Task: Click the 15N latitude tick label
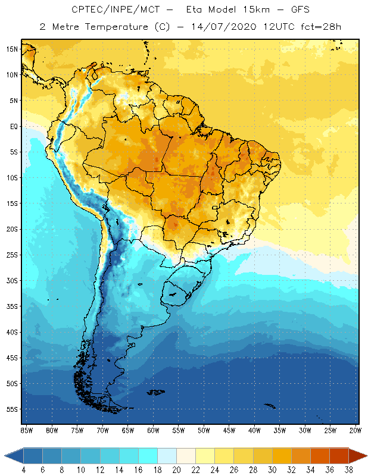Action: pos(12,49)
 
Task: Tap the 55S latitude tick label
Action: pos(12,409)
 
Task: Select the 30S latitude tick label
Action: pos(12,280)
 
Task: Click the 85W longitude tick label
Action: pos(27,430)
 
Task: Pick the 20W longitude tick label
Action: pos(354,430)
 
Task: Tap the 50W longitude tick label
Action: pos(204,430)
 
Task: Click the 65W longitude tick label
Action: pos(127,430)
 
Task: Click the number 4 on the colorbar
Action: pos(23,470)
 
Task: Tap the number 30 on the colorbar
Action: pos(272,470)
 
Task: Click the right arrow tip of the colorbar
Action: pos(365,456)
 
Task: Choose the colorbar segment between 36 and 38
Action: pos(339,456)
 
